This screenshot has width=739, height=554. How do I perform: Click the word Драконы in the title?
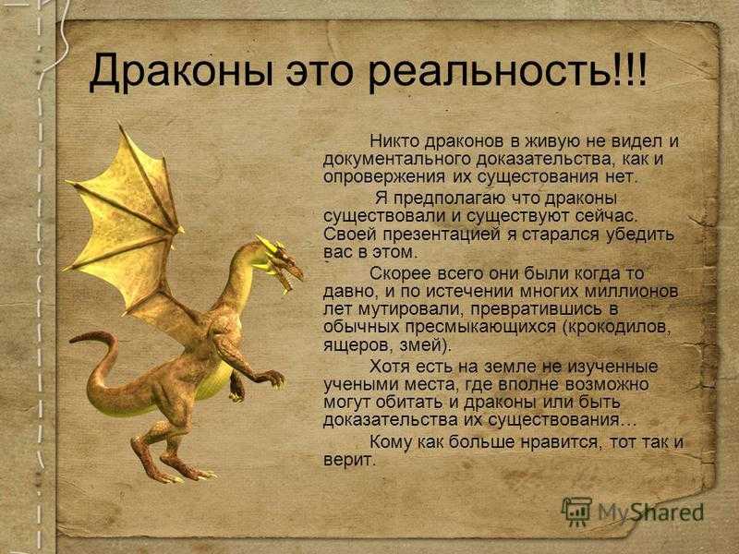pyautogui.click(x=181, y=72)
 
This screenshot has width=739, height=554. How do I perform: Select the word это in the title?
pyautogui.click(x=321, y=72)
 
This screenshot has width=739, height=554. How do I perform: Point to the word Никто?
pyautogui.click(x=394, y=140)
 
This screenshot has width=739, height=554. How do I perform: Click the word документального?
pyautogui.click(x=397, y=160)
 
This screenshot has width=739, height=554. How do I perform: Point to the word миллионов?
pyautogui.click(x=631, y=292)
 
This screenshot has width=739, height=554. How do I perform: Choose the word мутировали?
pyautogui.click(x=412, y=310)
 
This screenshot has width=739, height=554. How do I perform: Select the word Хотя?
pyautogui.click(x=388, y=367)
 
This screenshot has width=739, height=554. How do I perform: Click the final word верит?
pyautogui.click(x=348, y=461)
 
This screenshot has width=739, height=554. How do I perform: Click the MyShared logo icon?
pyautogui.click(x=576, y=511)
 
